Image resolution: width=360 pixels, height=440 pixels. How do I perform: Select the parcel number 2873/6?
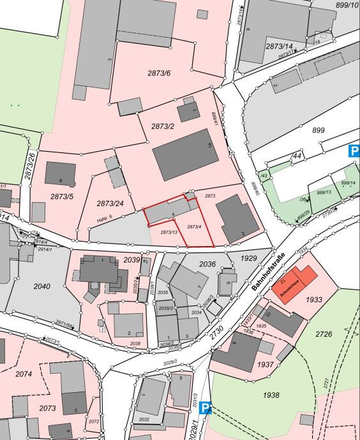tap(160, 73)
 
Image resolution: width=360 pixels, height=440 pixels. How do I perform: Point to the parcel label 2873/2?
tap(163, 126)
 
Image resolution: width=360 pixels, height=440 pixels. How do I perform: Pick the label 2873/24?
tap(110, 203)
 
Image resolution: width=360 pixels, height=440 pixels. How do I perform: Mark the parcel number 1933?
tap(314, 299)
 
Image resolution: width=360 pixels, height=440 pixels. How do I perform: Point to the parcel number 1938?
tap(271, 395)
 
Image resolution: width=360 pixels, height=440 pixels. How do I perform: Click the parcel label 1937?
tap(265, 365)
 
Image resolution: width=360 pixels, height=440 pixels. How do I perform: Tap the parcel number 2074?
tap(24, 374)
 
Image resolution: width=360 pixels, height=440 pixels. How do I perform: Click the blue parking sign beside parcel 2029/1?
tap(206, 407)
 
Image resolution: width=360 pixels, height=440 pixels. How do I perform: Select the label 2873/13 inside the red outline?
tap(169, 232)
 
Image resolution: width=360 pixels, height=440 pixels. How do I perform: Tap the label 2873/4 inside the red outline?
tap(194, 227)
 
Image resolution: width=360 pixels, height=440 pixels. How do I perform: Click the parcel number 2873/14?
tap(279, 47)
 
